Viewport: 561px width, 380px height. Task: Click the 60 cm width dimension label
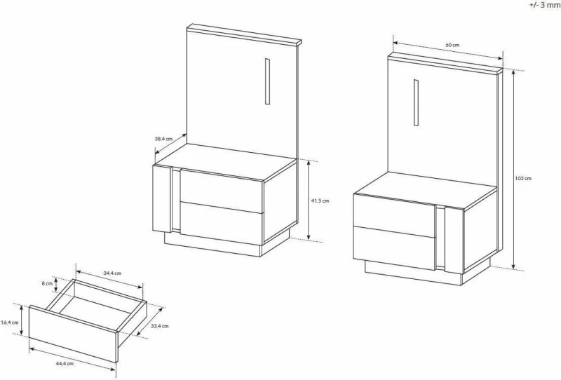(x=452, y=45)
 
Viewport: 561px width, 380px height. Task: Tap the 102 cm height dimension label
(x=523, y=178)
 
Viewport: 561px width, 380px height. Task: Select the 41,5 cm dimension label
(x=320, y=201)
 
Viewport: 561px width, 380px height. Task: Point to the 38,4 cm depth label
(x=163, y=139)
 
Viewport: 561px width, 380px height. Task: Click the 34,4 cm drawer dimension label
(x=112, y=273)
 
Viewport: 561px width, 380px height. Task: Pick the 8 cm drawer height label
(x=47, y=283)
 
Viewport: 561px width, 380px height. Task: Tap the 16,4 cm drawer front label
(x=10, y=323)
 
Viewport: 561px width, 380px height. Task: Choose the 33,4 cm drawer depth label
(x=160, y=326)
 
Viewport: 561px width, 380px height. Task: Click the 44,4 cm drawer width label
(x=65, y=364)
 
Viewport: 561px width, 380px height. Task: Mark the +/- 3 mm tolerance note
(x=545, y=6)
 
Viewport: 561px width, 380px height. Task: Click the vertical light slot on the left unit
(x=267, y=81)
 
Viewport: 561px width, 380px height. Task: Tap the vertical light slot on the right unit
(x=416, y=102)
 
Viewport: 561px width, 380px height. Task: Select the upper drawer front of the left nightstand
(x=222, y=191)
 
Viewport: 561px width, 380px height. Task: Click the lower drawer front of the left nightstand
(x=222, y=223)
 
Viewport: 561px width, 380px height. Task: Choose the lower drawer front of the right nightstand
(x=394, y=247)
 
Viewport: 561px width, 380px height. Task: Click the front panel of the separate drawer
(x=74, y=334)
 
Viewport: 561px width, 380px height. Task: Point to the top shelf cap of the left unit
(x=244, y=35)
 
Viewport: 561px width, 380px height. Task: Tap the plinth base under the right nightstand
(x=413, y=273)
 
